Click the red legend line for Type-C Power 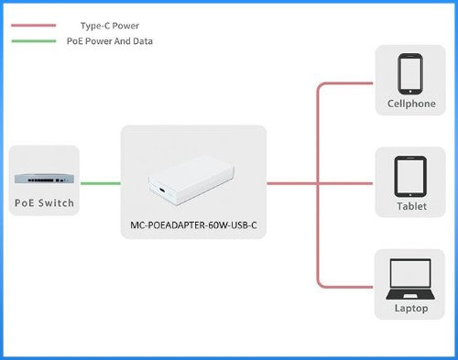pyautogui.click(x=32, y=27)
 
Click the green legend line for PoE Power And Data pyautogui.click(x=32, y=41)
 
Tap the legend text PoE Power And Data pyautogui.click(x=110, y=41)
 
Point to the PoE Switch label pyautogui.click(x=43, y=202)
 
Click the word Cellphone pyautogui.click(x=411, y=104)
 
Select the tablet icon pyautogui.click(x=410, y=175)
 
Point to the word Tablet pyautogui.click(x=411, y=206)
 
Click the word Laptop pyautogui.click(x=411, y=309)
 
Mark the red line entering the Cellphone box pyautogui.click(x=348, y=84)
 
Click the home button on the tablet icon pyautogui.click(x=410, y=191)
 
